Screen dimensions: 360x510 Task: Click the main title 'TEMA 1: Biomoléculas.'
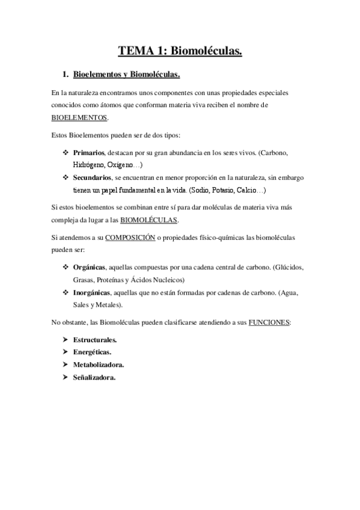coord(180,52)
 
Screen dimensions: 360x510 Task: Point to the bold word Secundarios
coord(93,178)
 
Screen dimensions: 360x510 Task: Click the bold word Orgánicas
coord(90,267)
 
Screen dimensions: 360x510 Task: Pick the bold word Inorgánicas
coord(92,292)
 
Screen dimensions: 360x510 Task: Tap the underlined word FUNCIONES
coord(270,322)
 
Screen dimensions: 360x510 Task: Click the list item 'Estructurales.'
coord(95,340)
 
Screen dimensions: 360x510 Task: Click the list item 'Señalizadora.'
coord(94,378)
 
